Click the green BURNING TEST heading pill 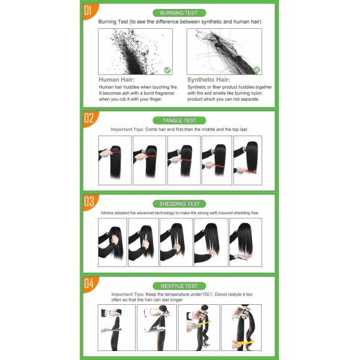tap(179, 13)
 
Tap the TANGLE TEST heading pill tap(179, 121)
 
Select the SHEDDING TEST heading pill tap(179, 204)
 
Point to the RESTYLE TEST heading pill tap(179, 286)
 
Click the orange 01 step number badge tap(89, 11)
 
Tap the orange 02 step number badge tap(89, 118)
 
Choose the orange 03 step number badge tap(89, 202)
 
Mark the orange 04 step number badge tap(89, 284)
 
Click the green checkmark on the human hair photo tap(167, 70)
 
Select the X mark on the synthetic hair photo tap(257, 70)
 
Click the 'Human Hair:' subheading tap(116, 80)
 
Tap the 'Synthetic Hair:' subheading tap(209, 80)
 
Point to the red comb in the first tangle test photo tap(115, 152)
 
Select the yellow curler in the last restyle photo tap(244, 343)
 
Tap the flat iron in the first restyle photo tap(112, 331)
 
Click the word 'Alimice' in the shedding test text tap(107, 213)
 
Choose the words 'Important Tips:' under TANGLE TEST tap(127, 130)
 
